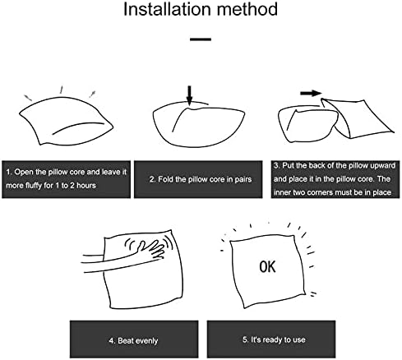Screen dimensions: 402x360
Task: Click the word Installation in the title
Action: click(168, 9)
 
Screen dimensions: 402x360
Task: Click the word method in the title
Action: click(247, 9)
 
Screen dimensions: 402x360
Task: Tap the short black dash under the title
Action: click(201, 39)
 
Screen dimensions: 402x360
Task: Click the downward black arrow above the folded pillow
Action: click(189, 95)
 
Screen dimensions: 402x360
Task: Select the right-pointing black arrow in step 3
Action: click(311, 94)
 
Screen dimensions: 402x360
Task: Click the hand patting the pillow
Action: click(150, 249)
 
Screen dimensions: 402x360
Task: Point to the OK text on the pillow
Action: click(267, 266)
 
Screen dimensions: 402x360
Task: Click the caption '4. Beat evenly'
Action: click(133, 341)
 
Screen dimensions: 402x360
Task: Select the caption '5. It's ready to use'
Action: click(274, 340)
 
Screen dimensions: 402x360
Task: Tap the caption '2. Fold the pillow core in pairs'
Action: click(201, 179)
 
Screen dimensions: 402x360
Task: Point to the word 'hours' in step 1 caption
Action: click(86, 186)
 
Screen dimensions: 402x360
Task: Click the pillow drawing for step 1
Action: click(66, 121)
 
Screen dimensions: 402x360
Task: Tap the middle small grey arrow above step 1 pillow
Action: click(62, 90)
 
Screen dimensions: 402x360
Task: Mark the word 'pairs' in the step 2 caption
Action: click(243, 180)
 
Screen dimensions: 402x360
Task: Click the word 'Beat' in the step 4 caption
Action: click(125, 341)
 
